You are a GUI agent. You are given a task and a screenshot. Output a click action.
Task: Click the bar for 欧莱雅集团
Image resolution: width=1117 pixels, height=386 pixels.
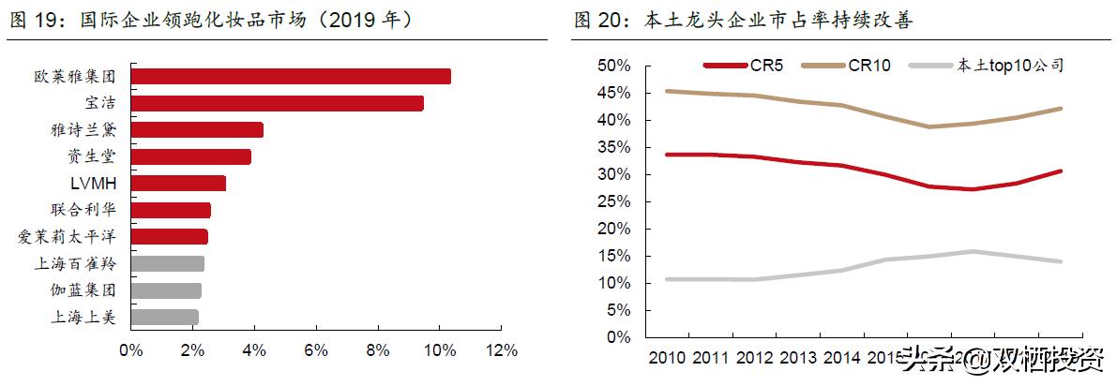pyautogui.click(x=291, y=77)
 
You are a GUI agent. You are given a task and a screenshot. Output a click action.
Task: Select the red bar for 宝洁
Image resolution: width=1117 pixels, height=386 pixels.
pyautogui.click(x=277, y=103)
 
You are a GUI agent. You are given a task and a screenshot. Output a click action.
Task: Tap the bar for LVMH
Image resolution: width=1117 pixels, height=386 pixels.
pyautogui.click(x=178, y=183)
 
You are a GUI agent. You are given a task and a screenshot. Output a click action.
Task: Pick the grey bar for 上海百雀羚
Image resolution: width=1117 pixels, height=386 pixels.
pyautogui.click(x=167, y=263)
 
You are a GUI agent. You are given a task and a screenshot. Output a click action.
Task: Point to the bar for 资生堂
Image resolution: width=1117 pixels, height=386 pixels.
pyautogui.click(x=190, y=156)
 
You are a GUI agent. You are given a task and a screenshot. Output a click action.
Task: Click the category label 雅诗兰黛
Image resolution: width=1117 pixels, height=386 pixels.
pyautogui.click(x=83, y=130)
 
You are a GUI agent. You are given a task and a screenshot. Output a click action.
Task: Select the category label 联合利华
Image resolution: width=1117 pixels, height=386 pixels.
pyautogui.click(x=83, y=210)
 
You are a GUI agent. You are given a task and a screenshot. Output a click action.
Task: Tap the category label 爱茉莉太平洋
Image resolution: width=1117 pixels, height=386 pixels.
pyautogui.click(x=67, y=237)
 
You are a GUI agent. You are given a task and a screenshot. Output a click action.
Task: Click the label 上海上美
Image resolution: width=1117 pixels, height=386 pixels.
pyautogui.click(x=83, y=318)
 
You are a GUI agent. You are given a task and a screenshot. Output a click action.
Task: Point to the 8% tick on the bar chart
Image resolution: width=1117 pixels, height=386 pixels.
pyautogui.click(x=378, y=350)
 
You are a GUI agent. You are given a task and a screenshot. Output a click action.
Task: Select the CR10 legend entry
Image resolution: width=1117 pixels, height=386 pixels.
pyautogui.click(x=868, y=65)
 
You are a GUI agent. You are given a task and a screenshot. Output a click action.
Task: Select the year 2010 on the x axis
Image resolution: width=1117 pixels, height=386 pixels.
pyautogui.click(x=667, y=357)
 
